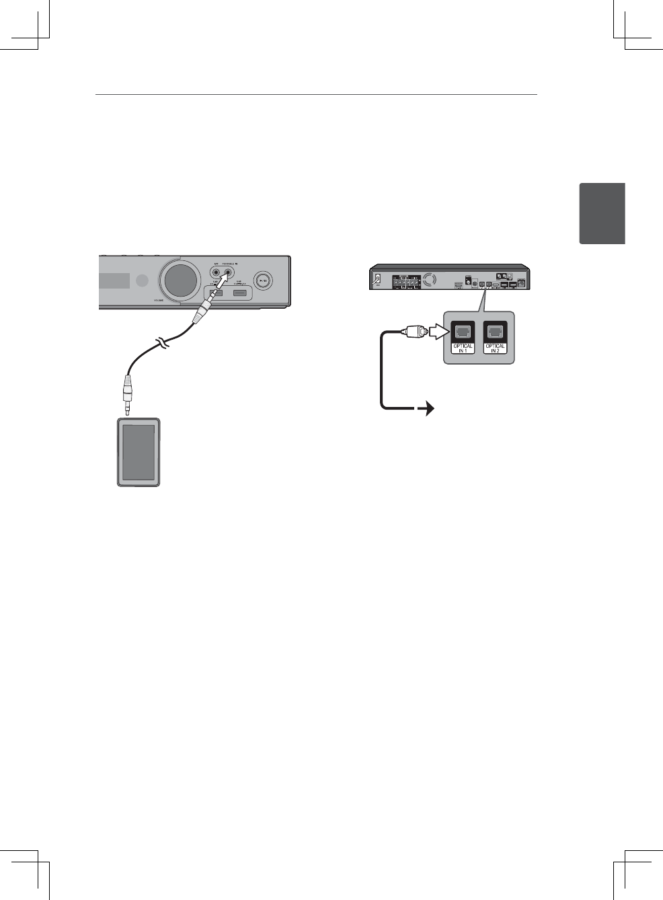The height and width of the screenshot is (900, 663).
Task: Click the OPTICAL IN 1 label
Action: [x=463, y=348]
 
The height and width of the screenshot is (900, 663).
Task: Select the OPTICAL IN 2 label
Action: [x=496, y=348]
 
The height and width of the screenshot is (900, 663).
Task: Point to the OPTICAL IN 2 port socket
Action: [x=496, y=332]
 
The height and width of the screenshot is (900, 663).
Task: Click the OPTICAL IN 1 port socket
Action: [x=463, y=332]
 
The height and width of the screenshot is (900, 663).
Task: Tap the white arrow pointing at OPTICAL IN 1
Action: [x=438, y=331]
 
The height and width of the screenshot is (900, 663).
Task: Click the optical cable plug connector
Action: [x=414, y=331]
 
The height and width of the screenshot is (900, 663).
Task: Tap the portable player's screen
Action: [x=139, y=452]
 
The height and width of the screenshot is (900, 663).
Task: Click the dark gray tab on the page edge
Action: [x=602, y=213]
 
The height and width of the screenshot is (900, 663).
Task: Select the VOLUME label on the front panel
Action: [x=158, y=300]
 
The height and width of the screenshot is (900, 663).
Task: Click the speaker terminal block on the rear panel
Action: [x=406, y=281]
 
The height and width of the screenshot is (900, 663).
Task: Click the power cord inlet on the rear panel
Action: [x=378, y=278]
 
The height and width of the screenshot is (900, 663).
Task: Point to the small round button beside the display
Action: [x=141, y=280]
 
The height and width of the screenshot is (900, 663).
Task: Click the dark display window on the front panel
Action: [x=114, y=280]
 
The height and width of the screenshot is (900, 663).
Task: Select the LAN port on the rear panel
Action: [x=522, y=283]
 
